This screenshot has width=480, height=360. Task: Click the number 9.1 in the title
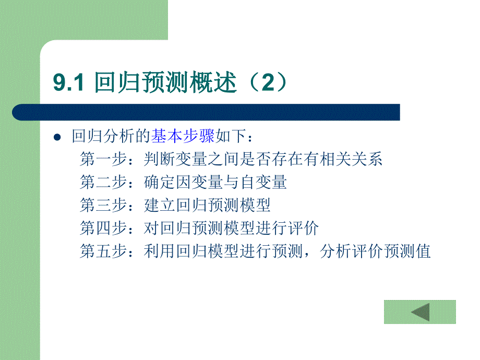(68, 83)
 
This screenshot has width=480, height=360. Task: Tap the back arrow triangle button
(420, 312)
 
